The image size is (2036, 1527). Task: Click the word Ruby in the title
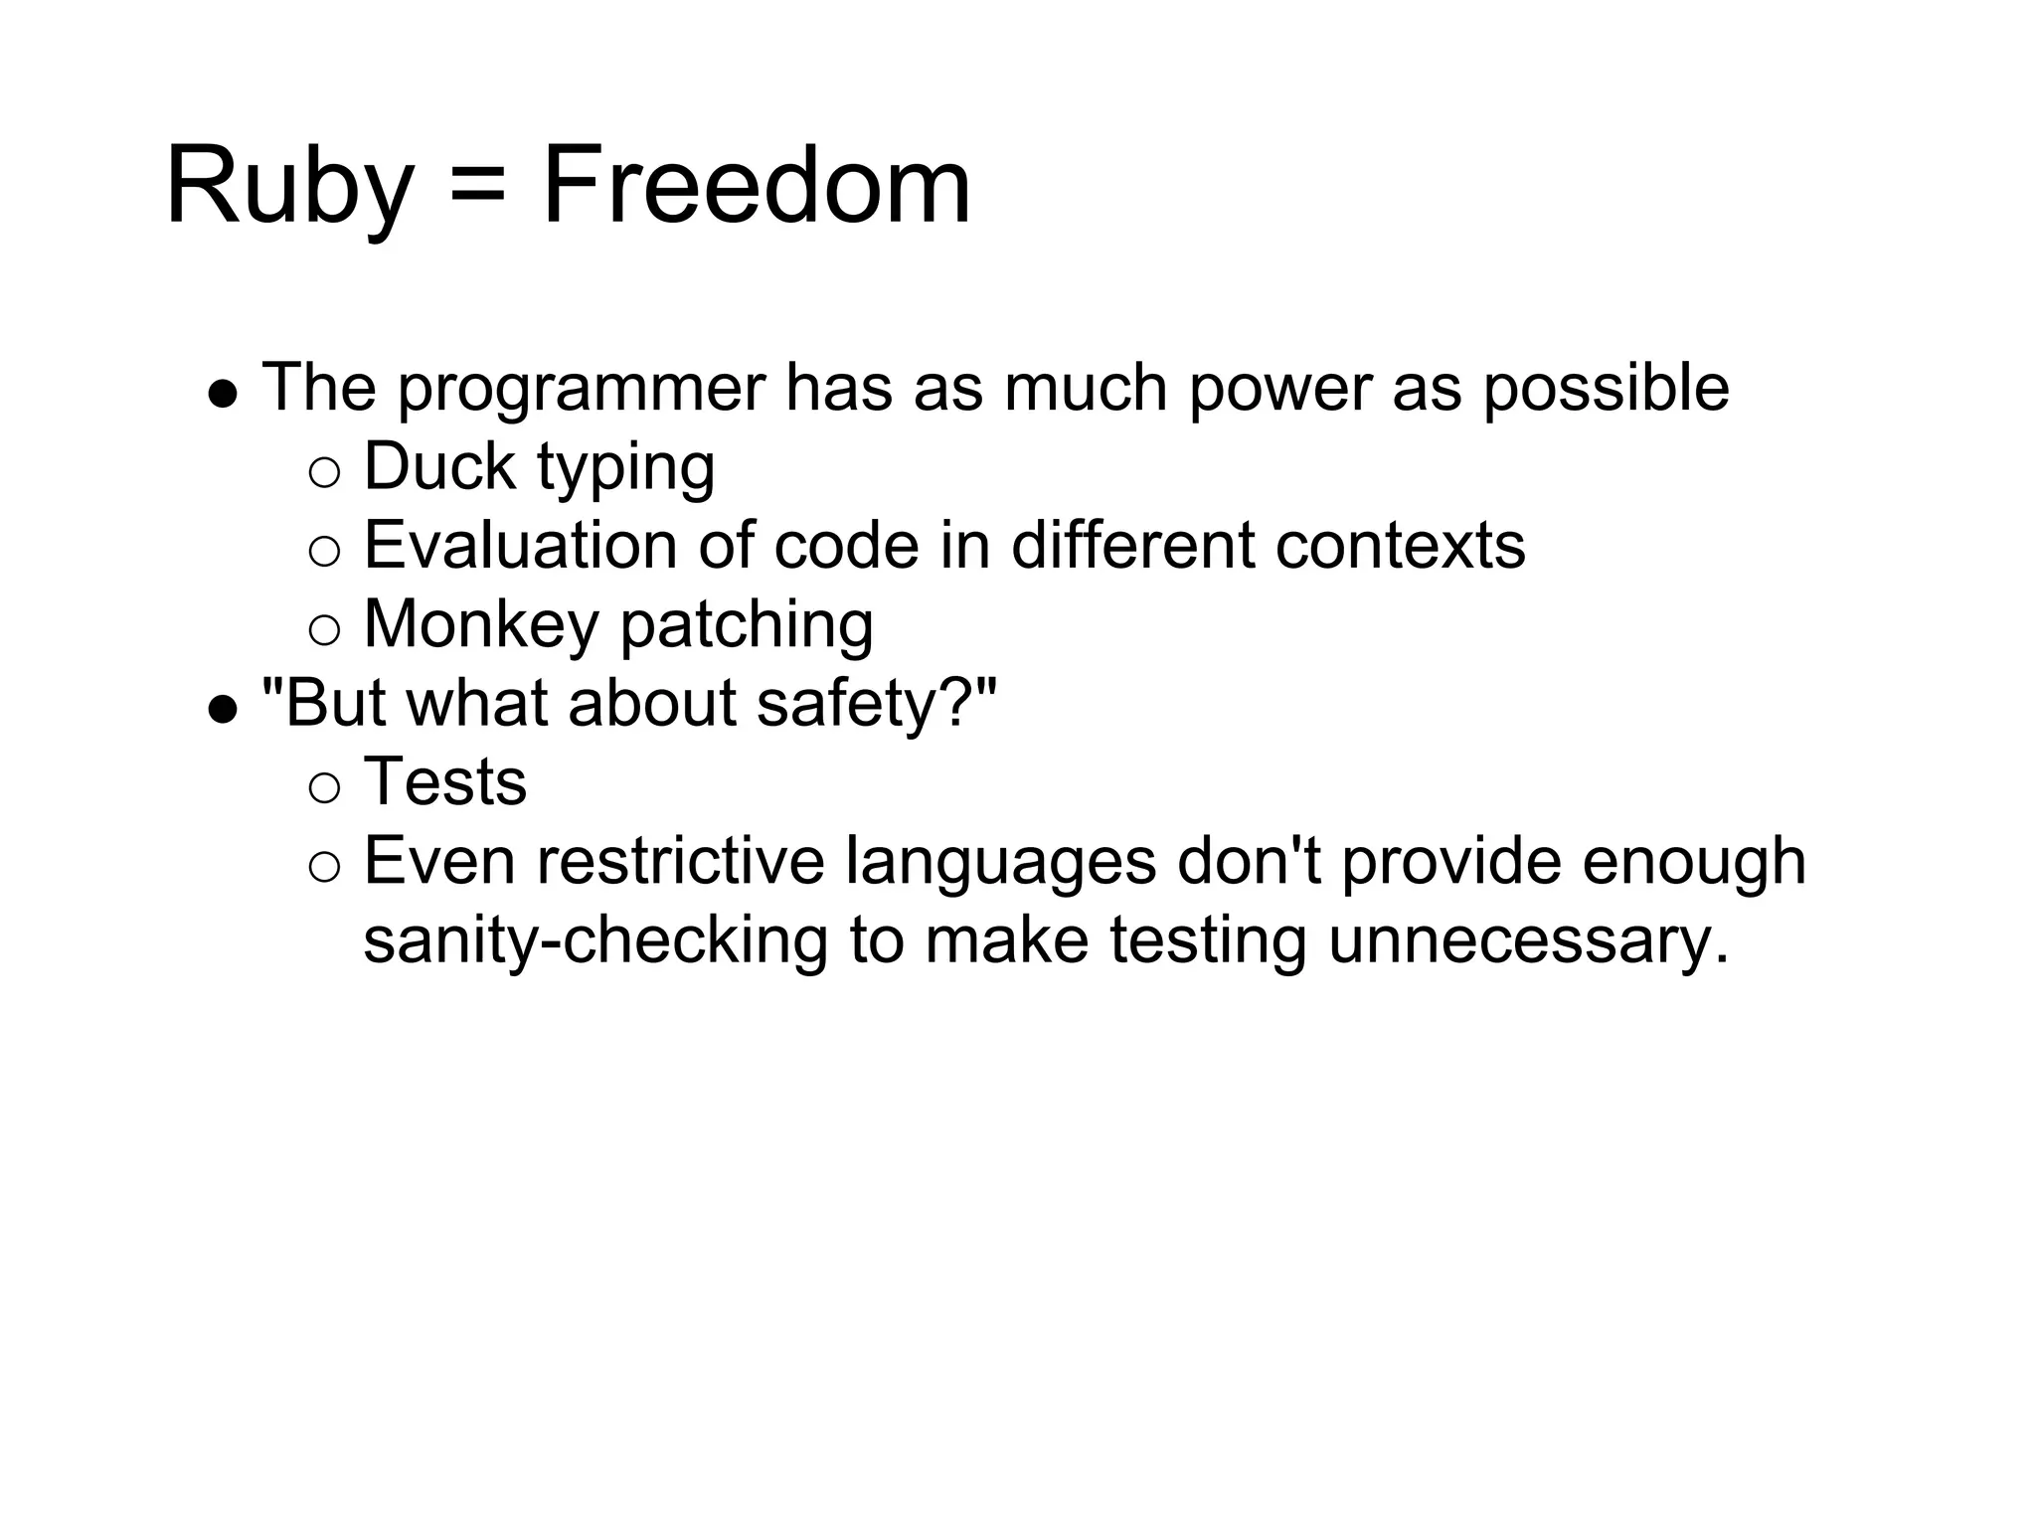point(288,187)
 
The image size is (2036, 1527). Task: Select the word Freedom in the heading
point(756,187)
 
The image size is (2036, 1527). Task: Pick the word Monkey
point(480,625)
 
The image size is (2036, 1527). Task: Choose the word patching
point(747,625)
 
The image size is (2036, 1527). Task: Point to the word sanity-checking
point(595,941)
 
